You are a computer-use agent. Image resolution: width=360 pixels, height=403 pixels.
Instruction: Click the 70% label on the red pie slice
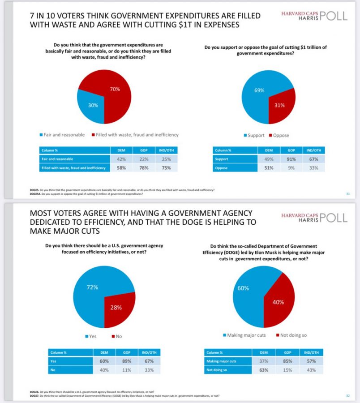point(115,89)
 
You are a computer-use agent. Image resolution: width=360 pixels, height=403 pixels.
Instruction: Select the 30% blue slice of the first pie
point(93,105)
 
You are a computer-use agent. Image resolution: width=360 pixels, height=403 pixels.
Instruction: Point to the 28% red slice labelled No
point(117,307)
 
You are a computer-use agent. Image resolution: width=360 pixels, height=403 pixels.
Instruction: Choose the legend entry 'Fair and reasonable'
point(62,135)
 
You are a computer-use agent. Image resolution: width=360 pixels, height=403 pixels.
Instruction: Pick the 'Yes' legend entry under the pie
point(92,336)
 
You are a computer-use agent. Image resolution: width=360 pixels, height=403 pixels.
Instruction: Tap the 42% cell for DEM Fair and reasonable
point(121,159)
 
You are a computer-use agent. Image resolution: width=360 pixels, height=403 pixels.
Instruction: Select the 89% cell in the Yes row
point(127,361)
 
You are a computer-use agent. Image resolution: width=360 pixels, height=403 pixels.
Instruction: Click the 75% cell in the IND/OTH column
point(165,168)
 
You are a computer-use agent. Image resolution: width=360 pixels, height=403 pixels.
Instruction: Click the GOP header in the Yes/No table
point(127,352)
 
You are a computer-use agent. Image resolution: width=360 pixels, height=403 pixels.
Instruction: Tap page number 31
point(347,193)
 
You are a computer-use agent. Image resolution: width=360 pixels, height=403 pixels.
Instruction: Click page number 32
point(347,395)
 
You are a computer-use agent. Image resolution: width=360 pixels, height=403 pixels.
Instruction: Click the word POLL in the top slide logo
point(333,16)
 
